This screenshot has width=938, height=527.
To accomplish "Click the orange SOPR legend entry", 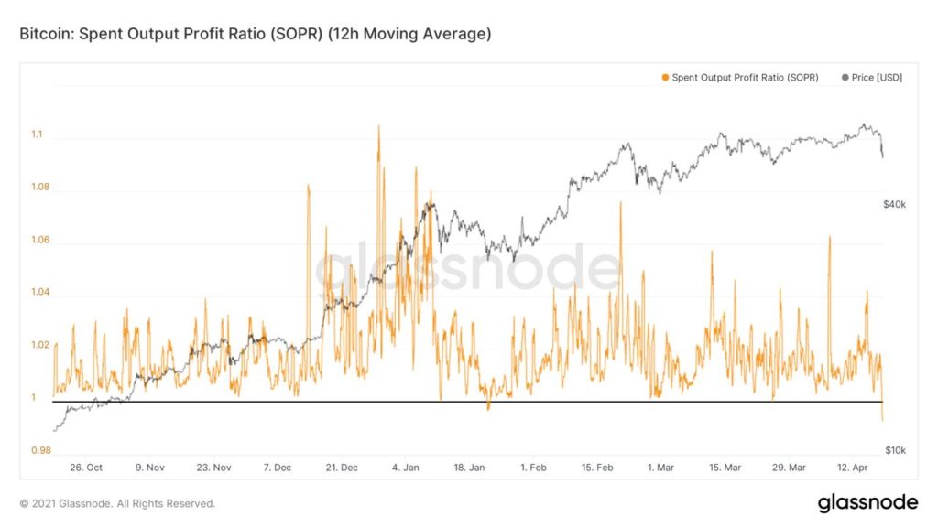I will pyautogui.click(x=739, y=78).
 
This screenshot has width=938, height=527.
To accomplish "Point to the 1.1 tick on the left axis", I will pyautogui.click(x=37, y=135).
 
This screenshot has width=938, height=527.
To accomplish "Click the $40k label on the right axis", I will pyautogui.click(x=894, y=205).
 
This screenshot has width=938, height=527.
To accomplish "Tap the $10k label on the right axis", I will pyautogui.click(x=894, y=450).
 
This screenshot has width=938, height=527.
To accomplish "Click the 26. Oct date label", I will pyautogui.click(x=86, y=468).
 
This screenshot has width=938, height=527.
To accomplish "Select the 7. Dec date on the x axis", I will pyautogui.click(x=277, y=468).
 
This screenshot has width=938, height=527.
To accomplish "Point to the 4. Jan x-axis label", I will pyautogui.click(x=405, y=468).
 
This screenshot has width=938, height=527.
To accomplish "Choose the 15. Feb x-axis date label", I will pyautogui.click(x=597, y=468).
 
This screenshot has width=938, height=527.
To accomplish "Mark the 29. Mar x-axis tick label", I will pyautogui.click(x=789, y=468).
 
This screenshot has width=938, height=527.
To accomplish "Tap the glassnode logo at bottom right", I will pyautogui.click(x=867, y=503).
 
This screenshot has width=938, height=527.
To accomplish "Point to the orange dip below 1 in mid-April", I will pyautogui.click(x=882, y=418).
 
